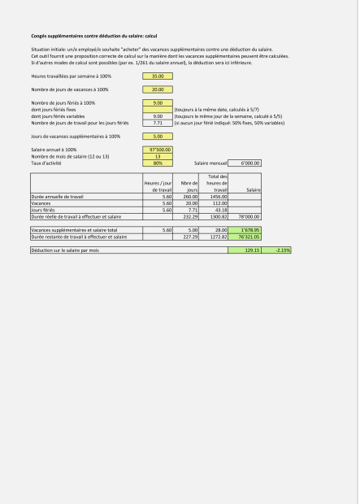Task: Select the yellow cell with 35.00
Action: pos(158,76)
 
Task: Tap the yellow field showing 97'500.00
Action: pos(158,150)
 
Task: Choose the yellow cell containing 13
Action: pos(158,156)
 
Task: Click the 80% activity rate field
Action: pos(158,163)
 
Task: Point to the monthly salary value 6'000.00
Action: pos(245,163)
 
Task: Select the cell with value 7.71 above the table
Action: pos(158,123)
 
